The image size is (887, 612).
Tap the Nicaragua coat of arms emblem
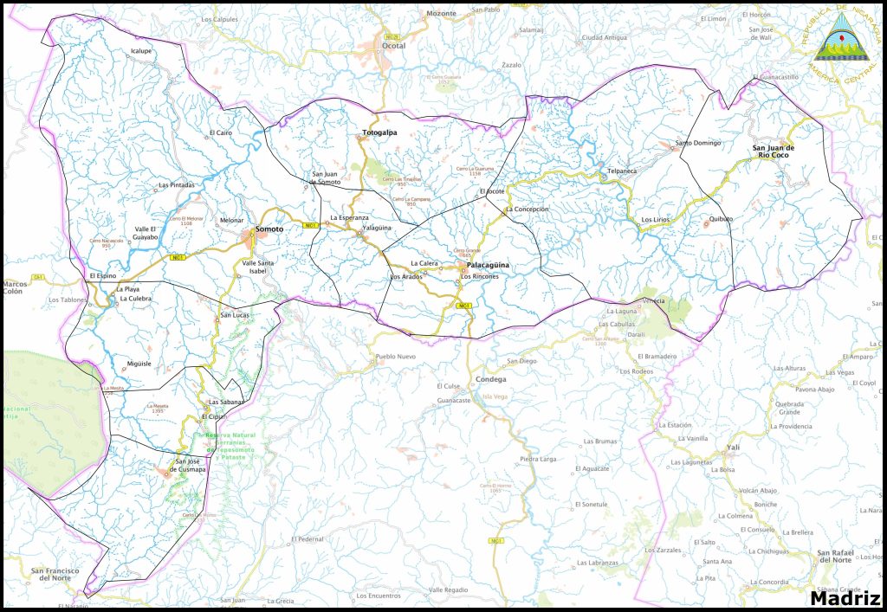tap(836, 41)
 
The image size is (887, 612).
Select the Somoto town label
tap(269, 229)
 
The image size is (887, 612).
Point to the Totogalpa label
tap(379, 133)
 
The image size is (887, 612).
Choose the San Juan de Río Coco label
tap(773, 152)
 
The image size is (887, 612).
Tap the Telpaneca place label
tap(622, 171)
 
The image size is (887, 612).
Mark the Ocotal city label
tap(394, 46)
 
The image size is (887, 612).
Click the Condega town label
tap(491, 379)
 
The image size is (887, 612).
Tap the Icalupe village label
tap(141, 51)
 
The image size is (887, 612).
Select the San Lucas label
tap(235, 315)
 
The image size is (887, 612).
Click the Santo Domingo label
tap(698, 142)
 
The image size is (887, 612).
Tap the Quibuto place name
tap(721, 219)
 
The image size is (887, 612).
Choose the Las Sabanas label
tap(226, 403)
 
